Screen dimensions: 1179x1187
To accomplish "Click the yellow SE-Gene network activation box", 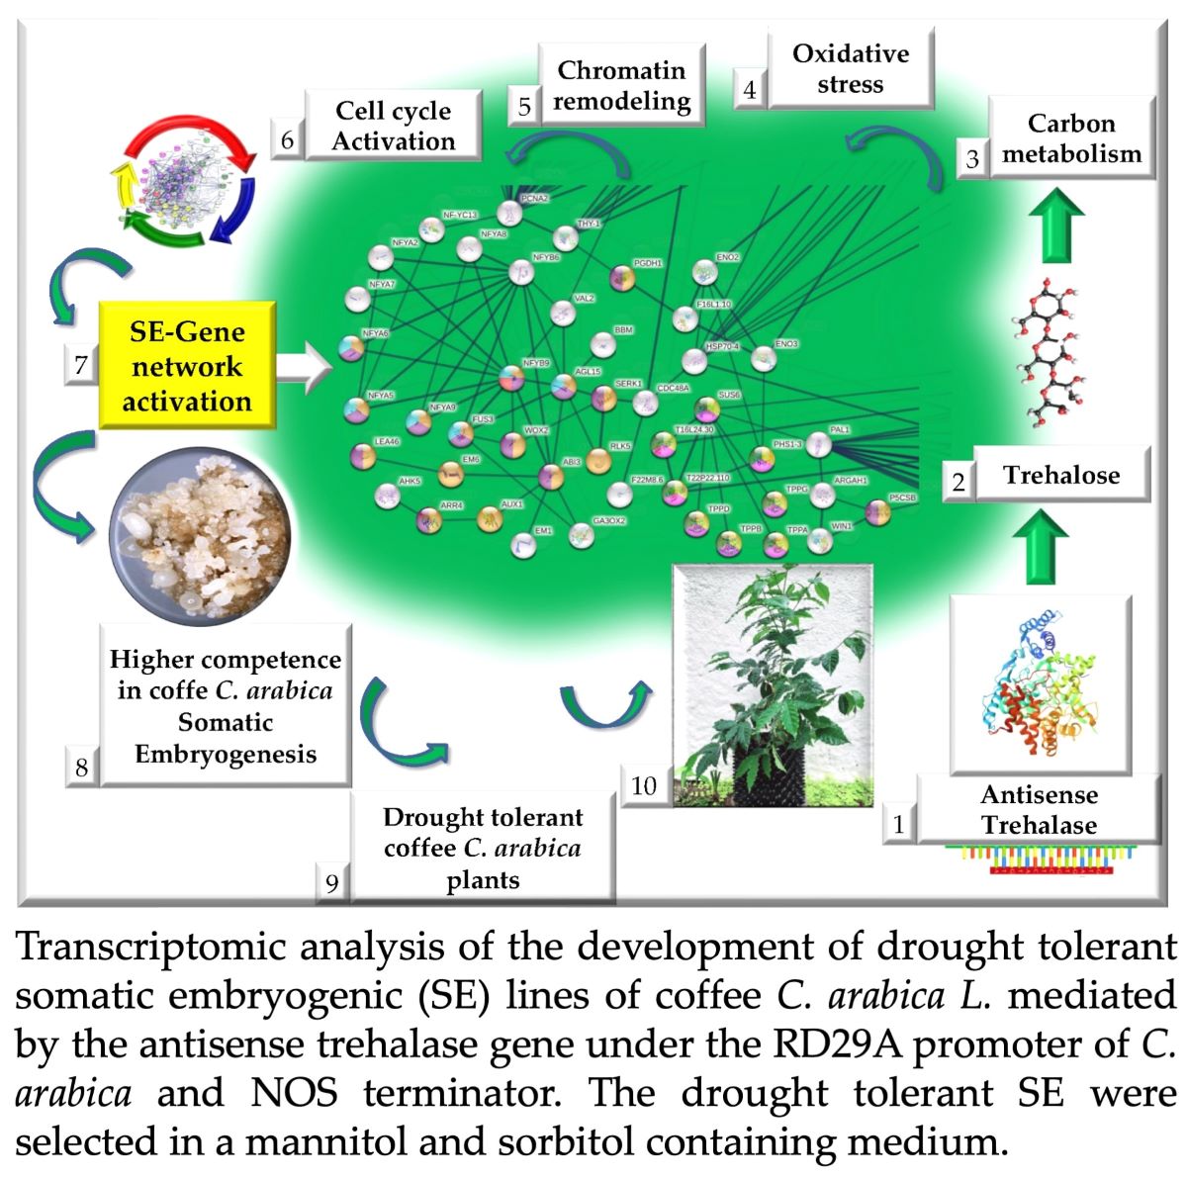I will pyautogui.click(x=187, y=366).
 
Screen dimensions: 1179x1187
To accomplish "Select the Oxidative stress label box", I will pyautogui.click(x=850, y=68).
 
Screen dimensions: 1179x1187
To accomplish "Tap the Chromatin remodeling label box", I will pyautogui.click(x=621, y=85).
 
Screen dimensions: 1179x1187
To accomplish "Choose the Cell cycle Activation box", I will pyautogui.click(x=393, y=126).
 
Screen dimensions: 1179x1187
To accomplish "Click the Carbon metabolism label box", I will pyautogui.click(x=1071, y=138).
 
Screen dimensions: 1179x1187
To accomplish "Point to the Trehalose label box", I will pyautogui.click(x=1061, y=475).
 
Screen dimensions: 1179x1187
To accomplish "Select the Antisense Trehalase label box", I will pyautogui.click(x=1039, y=810).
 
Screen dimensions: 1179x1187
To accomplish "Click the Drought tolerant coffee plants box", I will pyautogui.click(x=483, y=848).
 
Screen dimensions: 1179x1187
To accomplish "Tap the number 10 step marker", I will pyautogui.click(x=644, y=785).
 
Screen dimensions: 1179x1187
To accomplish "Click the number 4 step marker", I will pyautogui.click(x=750, y=90).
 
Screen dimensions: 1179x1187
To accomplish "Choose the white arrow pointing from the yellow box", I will pyautogui.click(x=305, y=368).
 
